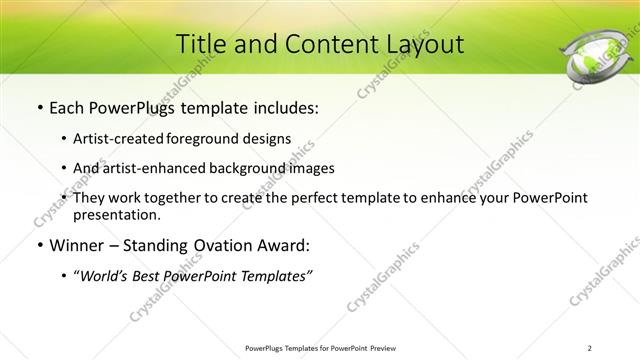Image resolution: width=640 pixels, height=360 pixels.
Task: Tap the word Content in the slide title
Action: (x=321, y=44)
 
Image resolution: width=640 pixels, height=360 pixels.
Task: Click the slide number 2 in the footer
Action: (x=590, y=347)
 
